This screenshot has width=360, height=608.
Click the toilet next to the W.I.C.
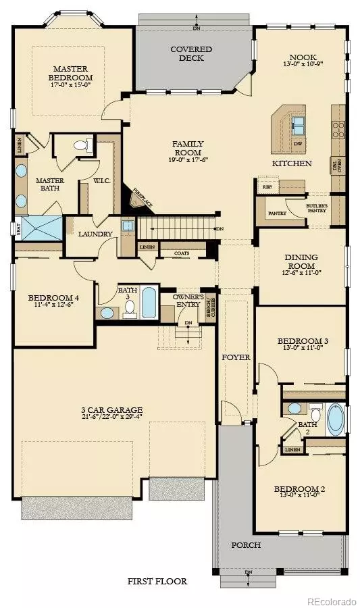pos(82,145)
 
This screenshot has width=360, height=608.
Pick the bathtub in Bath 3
pos(149,304)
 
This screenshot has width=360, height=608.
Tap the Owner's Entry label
pos(188,301)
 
